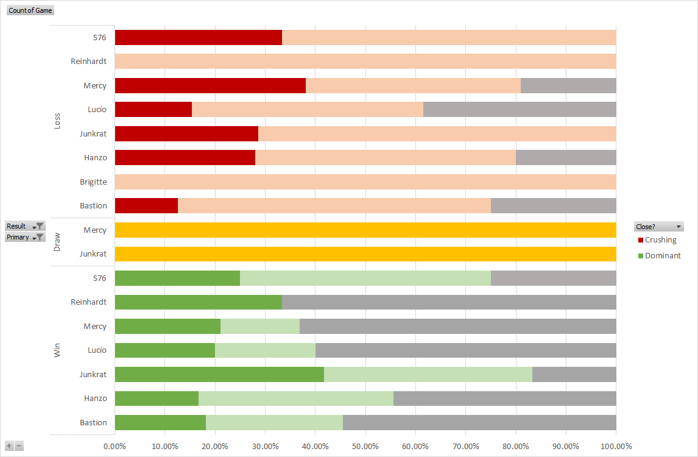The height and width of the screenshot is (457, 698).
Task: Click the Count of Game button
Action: point(30,10)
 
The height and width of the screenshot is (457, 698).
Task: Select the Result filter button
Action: point(24,226)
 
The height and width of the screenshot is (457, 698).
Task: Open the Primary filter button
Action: point(24,237)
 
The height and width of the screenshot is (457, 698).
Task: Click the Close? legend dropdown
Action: point(658,226)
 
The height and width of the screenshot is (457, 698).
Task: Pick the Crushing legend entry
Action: point(660,240)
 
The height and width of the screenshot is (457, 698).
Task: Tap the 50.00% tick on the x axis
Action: point(365,447)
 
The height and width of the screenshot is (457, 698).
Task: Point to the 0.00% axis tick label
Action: point(115,447)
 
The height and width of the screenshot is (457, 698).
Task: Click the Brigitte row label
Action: point(93,182)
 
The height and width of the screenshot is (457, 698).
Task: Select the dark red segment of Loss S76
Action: point(198,37)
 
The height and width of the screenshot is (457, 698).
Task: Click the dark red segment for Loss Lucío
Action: point(153,110)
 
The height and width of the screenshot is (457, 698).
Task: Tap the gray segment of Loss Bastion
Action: point(553,206)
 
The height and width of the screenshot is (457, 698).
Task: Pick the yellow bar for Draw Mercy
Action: point(365,230)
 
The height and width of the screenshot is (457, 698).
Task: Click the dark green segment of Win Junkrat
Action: point(219,374)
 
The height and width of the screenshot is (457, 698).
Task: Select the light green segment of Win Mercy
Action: point(259,326)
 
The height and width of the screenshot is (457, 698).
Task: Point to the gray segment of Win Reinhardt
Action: point(449,302)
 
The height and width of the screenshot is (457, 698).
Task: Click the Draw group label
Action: point(57,242)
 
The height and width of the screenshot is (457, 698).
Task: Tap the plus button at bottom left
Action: point(9,446)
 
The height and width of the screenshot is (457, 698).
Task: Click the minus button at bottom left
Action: point(19,446)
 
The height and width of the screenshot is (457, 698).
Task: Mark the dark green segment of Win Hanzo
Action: point(157,399)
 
